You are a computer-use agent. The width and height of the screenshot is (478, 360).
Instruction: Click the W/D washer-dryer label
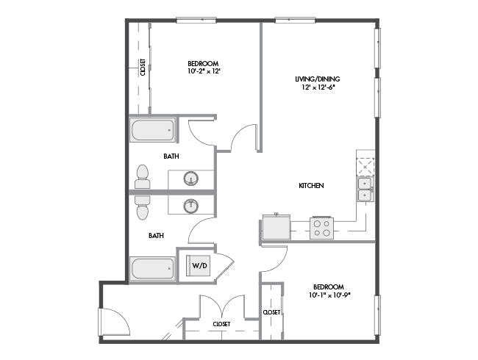200,265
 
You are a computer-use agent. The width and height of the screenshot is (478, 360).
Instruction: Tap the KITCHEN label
311,185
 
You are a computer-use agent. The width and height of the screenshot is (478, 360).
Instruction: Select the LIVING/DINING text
318,79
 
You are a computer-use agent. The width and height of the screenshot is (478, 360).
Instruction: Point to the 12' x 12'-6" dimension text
318,87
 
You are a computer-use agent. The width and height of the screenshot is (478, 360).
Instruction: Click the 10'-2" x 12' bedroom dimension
204,71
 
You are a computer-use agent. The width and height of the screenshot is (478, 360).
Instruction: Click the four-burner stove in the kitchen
322,228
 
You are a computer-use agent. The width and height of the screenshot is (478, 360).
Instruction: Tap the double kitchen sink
365,190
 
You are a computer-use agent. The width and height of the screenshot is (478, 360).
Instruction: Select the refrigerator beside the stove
277,226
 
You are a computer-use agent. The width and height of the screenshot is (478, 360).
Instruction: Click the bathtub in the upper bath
153,130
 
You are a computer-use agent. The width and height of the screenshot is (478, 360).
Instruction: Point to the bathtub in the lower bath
153,269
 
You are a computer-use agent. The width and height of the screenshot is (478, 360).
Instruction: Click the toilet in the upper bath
143,176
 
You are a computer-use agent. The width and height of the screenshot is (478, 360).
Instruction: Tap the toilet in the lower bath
143,207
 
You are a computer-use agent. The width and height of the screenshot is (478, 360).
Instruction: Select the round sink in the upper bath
191,179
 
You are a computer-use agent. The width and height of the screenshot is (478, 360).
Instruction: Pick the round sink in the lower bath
191,206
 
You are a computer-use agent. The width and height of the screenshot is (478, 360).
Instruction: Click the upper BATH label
171,156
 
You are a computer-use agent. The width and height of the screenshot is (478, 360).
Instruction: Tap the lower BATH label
156,235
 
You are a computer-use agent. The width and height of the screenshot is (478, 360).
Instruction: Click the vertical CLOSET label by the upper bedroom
143,67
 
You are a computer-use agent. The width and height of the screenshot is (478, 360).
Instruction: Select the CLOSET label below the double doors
221,324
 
